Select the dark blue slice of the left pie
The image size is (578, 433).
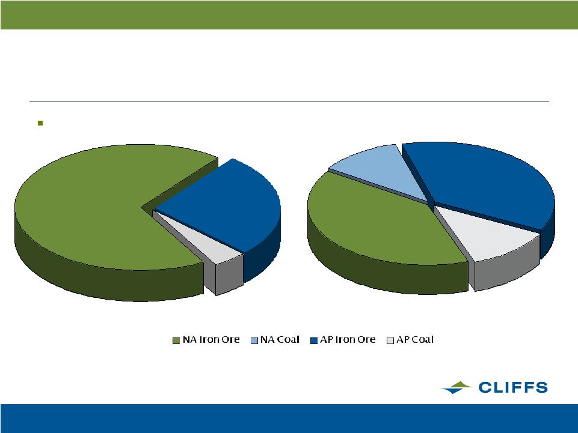229,206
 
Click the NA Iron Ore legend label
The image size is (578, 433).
211,339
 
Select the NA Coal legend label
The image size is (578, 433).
280,339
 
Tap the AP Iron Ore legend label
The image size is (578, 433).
347,339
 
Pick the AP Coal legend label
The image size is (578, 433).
414,339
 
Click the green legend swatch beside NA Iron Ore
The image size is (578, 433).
176,341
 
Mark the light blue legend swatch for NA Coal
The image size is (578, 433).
254,341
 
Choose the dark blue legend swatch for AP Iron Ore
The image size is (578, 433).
314,341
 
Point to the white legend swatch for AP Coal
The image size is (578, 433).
390,341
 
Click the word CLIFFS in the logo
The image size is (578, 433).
513,388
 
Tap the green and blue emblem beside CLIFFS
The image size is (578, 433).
457,388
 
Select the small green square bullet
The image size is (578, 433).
40,123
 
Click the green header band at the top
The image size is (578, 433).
289,15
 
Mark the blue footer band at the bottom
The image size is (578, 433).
289,418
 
